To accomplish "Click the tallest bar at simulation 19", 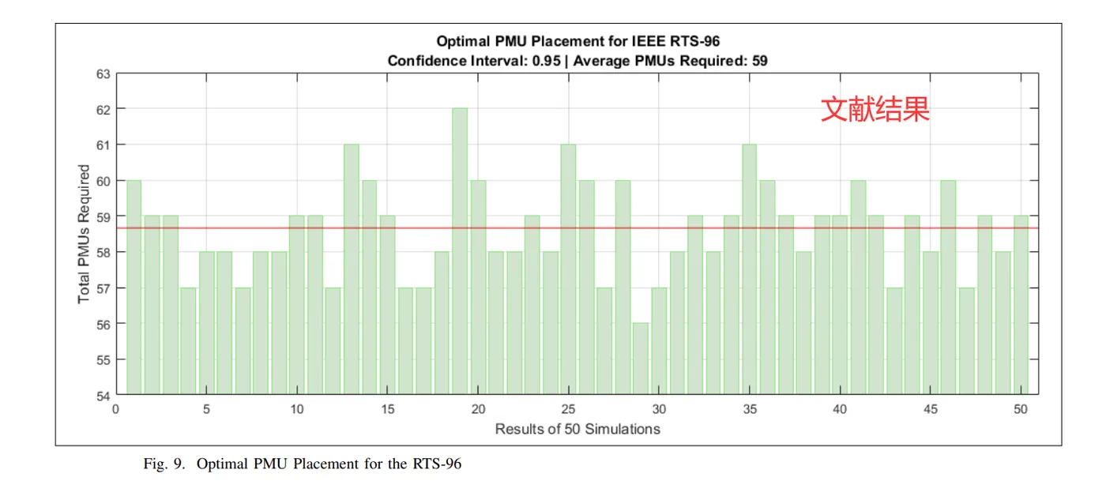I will pyautogui.click(x=459, y=251).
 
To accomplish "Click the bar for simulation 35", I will pyautogui.click(x=749, y=269).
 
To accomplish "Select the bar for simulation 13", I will pyautogui.click(x=351, y=269).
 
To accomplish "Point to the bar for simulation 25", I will pyautogui.click(x=568, y=269).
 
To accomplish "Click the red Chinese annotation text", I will pyautogui.click(x=875, y=109).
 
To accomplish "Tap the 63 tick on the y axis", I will pyautogui.click(x=103, y=73).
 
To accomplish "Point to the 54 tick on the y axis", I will pyautogui.click(x=103, y=395).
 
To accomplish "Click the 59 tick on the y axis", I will pyautogui.click(x=103, y=216).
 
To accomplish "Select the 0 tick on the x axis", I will pyautogui.click(x=115, y=409).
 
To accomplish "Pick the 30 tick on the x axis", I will pyautogui.click(x=659, y=409).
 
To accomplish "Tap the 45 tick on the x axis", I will pyautogui.click(x=931, y=409).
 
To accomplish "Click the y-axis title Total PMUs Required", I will pyautogui.click(x=84, y=234).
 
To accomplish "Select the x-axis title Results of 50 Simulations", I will pyautogui.click(x=577, y=429).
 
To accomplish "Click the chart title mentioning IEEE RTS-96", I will pyautogui.click(x=577, y=41).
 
